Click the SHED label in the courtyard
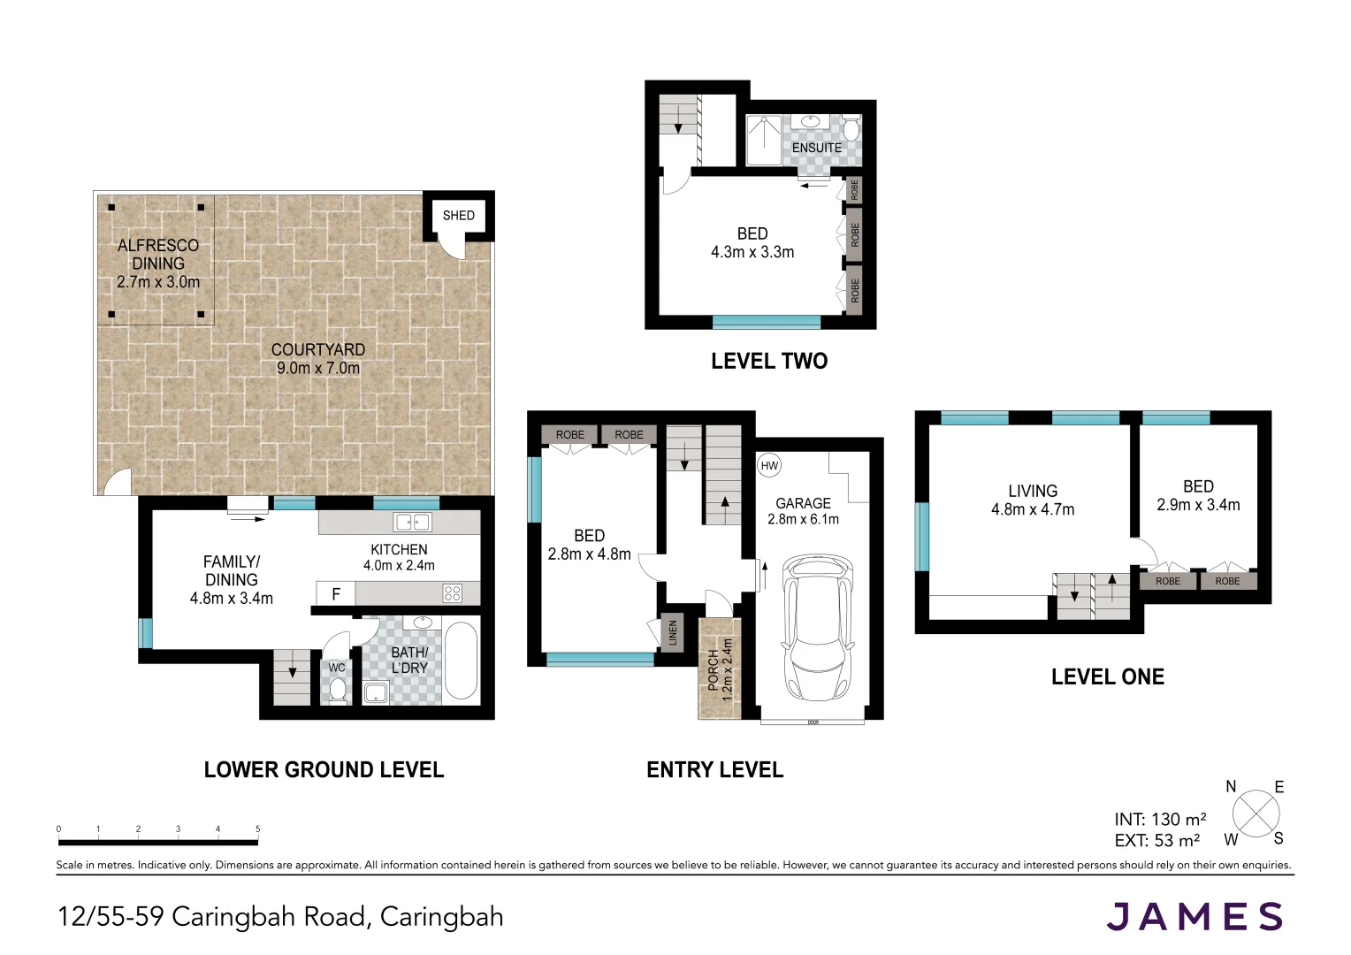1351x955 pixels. point(458,216)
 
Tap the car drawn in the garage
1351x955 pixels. point(818,628)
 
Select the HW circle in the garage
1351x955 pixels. point(769,466)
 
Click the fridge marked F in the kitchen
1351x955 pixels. point(336,594)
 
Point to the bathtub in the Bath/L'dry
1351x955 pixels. point(461,661)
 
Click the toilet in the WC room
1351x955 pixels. point(338,689)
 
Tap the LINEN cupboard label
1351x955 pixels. point(673,633)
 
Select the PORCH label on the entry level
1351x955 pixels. point(713,669)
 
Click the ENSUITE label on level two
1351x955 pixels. point(817,148)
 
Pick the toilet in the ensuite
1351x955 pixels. point(851,128)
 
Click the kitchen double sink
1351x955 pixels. point(412,522)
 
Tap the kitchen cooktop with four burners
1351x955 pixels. point(453,593)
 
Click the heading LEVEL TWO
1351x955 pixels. point(769,361)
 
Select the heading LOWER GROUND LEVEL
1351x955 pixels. point(324,770)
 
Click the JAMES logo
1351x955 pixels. point(1195,916)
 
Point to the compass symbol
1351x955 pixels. point(1256,814)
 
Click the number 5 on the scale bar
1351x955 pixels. point(257,829)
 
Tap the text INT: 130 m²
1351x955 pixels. point(1160,819)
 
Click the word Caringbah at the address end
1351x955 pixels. point(441,917)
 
